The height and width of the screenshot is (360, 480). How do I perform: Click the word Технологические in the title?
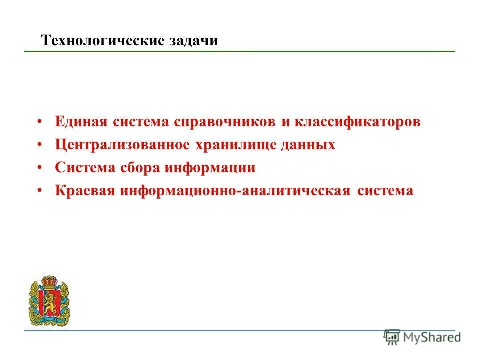pos(103,40)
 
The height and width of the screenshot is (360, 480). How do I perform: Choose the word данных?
pos(311,145)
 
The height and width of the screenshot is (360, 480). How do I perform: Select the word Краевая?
pos(85,191)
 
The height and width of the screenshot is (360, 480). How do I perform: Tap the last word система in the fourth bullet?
pos(386,191)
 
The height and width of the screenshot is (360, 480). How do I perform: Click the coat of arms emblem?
pos(49,300)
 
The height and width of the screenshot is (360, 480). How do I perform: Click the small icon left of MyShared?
pos(392,337)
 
